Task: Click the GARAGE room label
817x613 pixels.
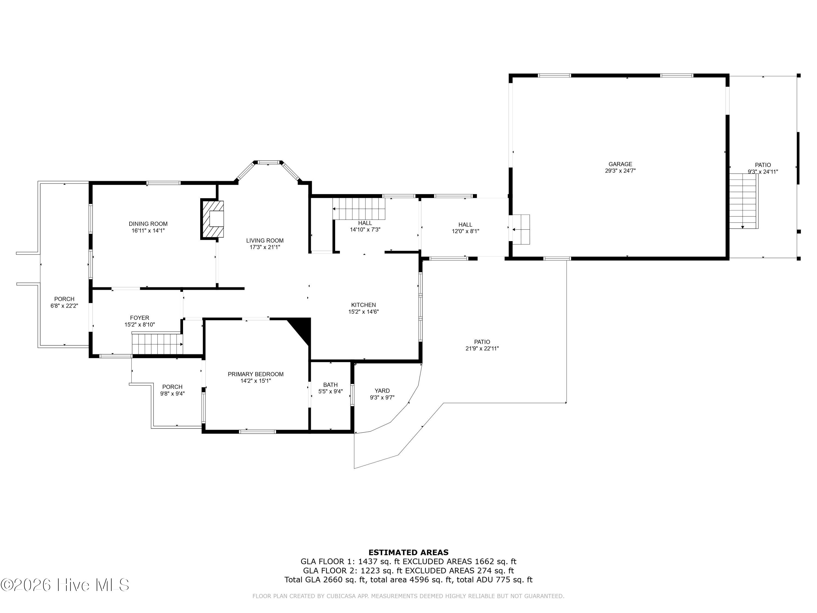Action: point(620,164)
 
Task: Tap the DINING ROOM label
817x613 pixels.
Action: point(148,224)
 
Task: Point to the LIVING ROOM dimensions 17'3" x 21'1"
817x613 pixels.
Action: point(265,247)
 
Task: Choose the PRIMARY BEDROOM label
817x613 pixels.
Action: point(256,374)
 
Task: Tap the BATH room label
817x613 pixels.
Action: point(330,385)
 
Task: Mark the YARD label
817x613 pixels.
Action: point(382,391)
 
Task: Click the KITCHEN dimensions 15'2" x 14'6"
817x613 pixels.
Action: point(364,311)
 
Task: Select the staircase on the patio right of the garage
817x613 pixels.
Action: point(743,201)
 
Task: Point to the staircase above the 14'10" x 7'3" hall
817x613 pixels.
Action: point(359,209)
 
